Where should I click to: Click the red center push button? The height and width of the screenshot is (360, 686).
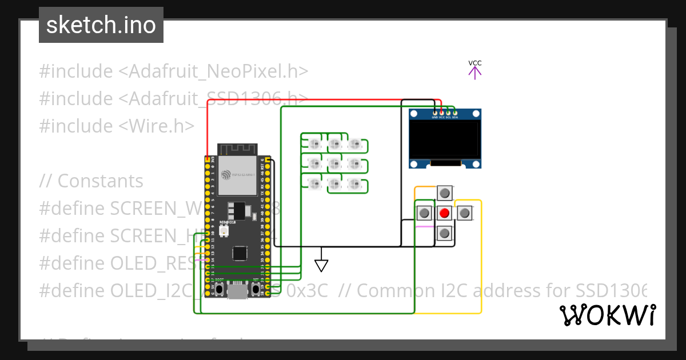[445, 213]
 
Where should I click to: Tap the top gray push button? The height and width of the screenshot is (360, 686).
[445, 193]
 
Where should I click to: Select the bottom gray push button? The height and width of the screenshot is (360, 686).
[445, 233]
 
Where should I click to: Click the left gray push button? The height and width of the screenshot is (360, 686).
[424, 213]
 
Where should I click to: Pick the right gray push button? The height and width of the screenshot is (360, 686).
[465, 213]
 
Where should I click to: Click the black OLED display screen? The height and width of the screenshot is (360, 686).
[445, 139]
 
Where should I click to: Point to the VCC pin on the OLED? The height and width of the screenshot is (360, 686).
[441, 113]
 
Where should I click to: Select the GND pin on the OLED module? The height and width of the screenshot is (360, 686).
[434, 113]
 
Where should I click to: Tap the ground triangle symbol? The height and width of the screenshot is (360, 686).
[321, 266]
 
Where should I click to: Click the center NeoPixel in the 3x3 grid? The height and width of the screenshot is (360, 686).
[334, 164]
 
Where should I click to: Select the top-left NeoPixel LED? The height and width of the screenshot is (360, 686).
[314, 143]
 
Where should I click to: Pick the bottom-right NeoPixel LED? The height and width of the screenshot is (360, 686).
[355, 185]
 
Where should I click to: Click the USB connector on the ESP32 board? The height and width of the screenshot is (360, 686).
[237, 292]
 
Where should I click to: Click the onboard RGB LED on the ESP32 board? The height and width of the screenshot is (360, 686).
[225, 231]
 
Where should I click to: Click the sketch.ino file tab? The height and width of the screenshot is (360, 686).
[101, 25]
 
